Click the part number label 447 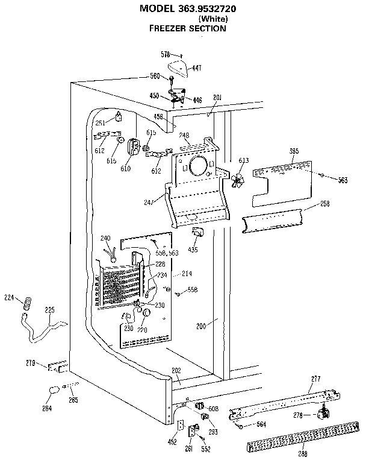click(x=196, y=69)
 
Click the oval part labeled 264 click(x=52, y=390)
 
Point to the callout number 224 click(x=9, y=297)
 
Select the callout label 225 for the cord click(x=49, y=310)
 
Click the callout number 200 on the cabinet click(x=201, y=326)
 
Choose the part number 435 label click(x=193, y=249)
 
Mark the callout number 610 click(x=126, y=168)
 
